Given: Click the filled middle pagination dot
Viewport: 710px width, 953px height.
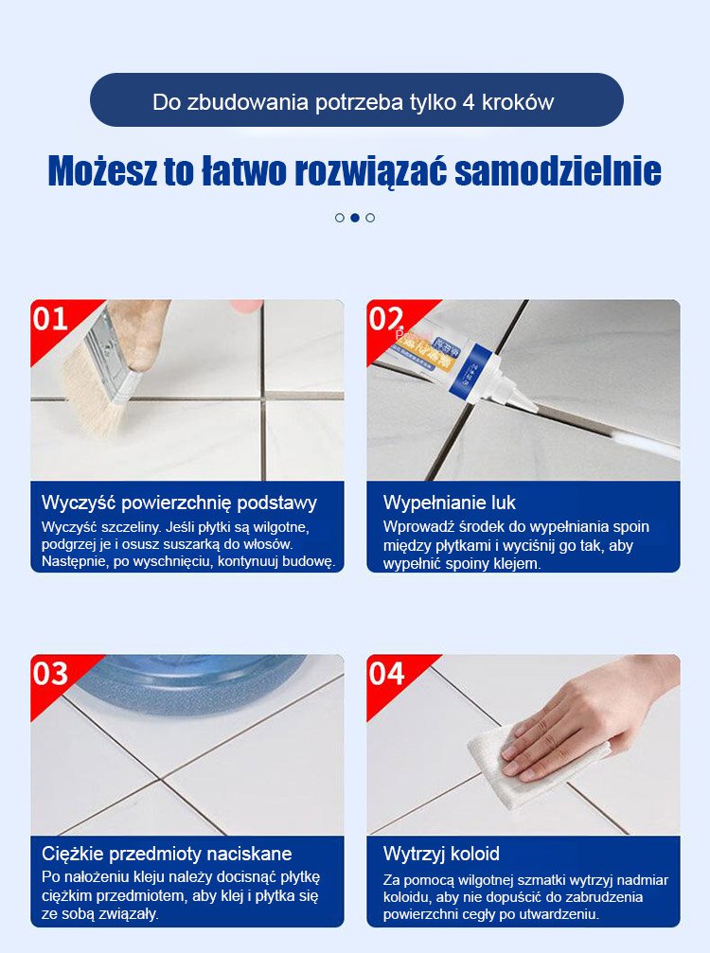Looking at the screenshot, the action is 355,218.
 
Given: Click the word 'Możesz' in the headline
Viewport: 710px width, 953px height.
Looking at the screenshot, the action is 103,171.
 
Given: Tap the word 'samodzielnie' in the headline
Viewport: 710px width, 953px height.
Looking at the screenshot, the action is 558,171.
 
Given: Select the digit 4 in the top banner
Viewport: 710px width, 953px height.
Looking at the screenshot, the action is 468,102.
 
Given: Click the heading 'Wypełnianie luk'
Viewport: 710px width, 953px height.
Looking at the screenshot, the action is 450,503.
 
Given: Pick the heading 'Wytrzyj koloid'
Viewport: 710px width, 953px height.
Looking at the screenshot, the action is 441,854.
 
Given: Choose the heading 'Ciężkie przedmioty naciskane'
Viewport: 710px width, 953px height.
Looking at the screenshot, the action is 167,854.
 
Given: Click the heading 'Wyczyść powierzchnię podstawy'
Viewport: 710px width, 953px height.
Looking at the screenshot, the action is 179,503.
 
